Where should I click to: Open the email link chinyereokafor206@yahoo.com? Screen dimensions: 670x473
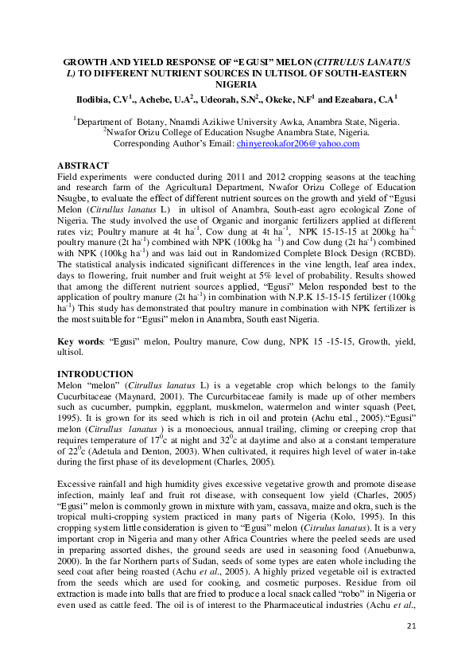coord(298,144)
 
